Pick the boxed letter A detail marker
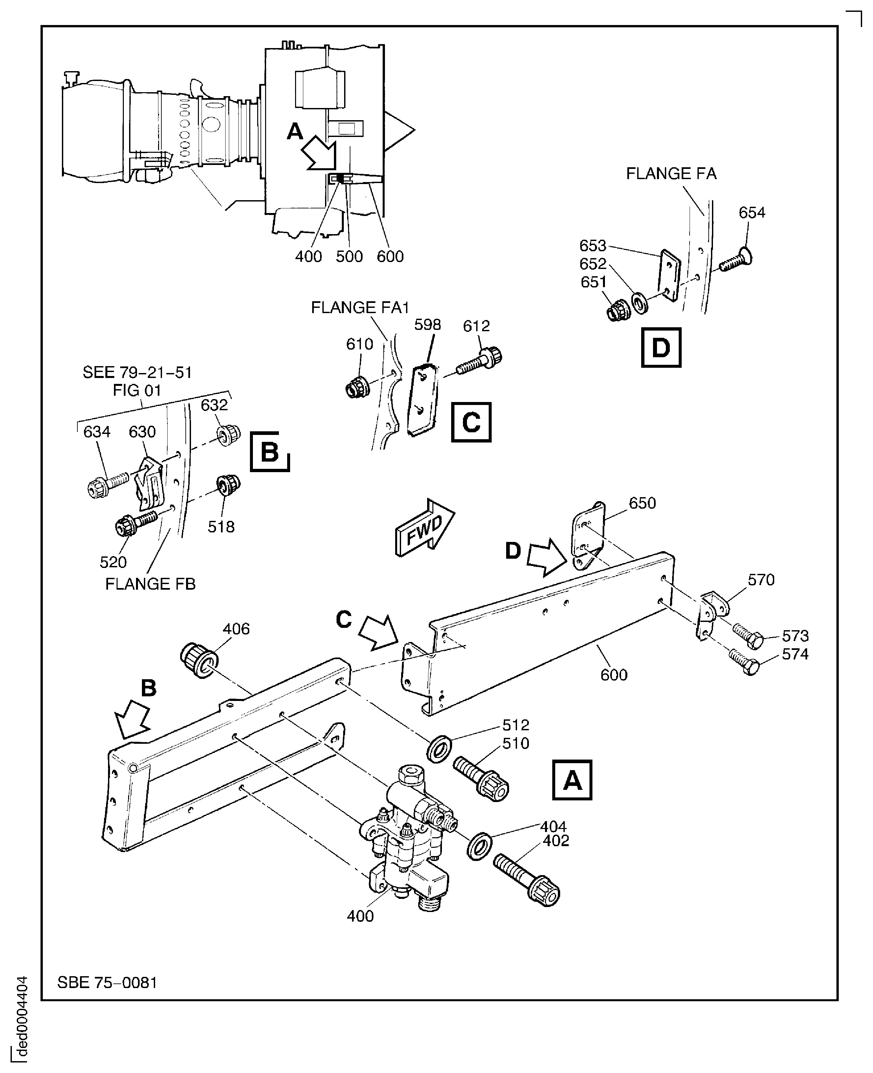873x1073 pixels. pos(572,780)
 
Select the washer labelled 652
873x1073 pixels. pos(641,303)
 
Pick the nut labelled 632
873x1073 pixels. pos(228,434)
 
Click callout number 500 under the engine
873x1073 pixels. pos(349,256)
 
